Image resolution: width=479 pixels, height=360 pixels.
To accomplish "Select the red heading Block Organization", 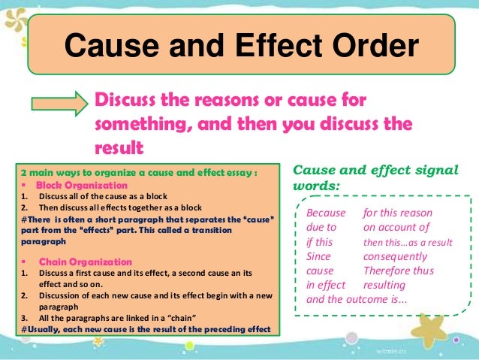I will pos(75,185).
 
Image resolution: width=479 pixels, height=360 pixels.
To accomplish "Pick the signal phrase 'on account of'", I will pos(396,228).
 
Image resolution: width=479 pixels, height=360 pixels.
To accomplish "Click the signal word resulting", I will pos(384,286).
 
